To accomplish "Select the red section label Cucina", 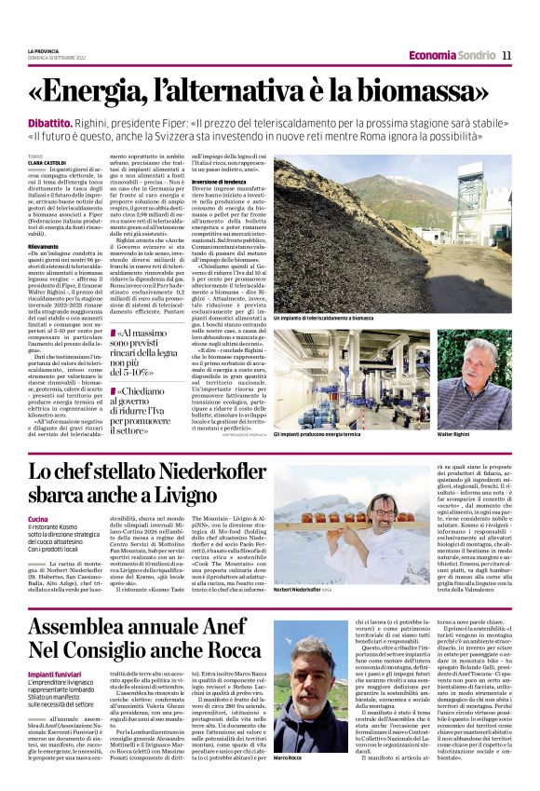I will point(38,517).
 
